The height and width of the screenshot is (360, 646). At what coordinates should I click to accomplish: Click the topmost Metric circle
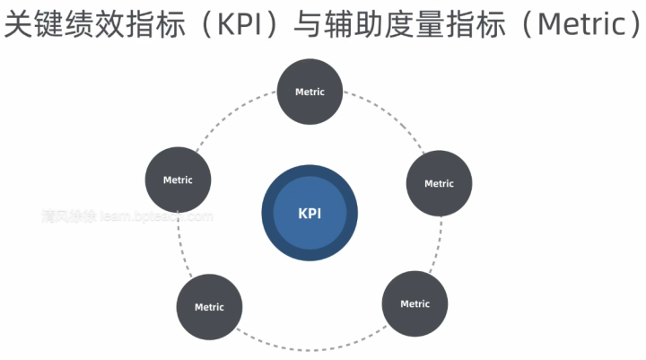[310, 92]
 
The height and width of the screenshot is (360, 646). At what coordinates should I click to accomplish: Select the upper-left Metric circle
[178, 180]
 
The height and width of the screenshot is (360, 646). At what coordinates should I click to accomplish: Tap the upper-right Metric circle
[439, 183]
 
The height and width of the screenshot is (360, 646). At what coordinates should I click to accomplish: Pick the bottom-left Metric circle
[209, 307]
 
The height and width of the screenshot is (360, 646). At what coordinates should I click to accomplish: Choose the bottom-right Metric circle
[415, 303]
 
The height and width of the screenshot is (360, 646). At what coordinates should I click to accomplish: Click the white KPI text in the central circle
[310, 214]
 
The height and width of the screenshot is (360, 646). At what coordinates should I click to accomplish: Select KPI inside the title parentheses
[236, 24]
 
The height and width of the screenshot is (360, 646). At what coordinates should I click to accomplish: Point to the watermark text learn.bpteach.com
[157, 216]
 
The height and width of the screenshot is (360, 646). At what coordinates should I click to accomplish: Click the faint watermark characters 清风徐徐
[68, 216]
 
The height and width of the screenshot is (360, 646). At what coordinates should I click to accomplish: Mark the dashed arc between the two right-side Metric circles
[440, 247]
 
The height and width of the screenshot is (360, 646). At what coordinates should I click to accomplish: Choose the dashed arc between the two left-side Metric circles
[180, 247]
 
